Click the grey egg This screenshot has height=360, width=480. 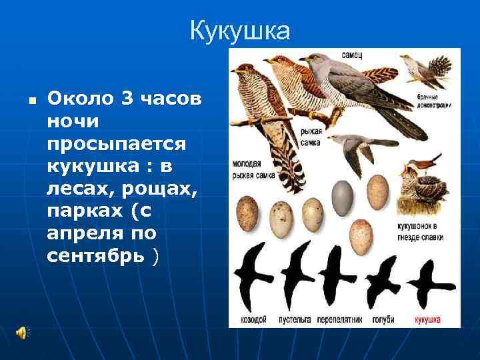point(343,195)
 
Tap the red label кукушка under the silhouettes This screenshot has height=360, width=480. point(427,319)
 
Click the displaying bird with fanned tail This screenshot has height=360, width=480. point(427,67)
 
